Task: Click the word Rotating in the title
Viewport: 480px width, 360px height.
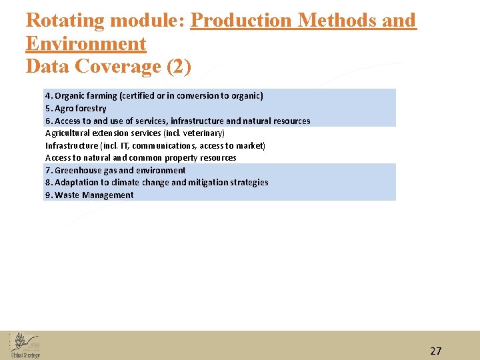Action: coord(65,21)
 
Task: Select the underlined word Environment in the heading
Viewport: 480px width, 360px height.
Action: coord(85,44)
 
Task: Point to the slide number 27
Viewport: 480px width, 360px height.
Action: coord(435,351)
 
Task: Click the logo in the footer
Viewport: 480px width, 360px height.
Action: coord(25,345)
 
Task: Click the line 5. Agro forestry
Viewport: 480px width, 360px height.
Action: coord(75,108)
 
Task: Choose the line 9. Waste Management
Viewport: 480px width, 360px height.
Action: coord(89,195)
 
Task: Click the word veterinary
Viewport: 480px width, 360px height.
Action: coord(203,133)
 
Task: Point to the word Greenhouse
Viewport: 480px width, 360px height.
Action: coord(85,170)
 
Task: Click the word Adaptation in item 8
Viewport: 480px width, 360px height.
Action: coord(77,182)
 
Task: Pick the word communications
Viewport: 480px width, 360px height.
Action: coord(163,145)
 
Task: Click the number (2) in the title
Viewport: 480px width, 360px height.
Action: coord(178,67)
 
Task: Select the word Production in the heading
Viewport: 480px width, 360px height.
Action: coord(241,21)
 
